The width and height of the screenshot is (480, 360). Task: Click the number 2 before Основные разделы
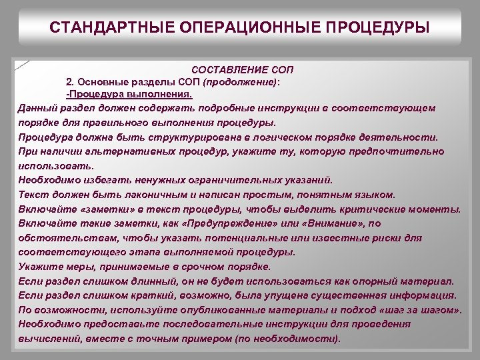(69, 82)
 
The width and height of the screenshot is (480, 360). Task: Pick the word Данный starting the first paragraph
(37, 107)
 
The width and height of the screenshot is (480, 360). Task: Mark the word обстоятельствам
(61, 238)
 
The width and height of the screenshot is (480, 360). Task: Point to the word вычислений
(47, 338)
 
